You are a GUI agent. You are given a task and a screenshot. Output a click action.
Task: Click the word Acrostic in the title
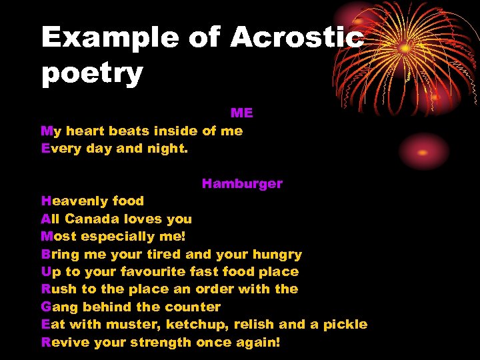tap(297, 37)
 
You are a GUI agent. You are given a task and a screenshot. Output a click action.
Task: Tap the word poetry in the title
tap(92, 73)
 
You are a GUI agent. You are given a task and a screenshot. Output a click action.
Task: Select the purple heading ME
tap(242, 113)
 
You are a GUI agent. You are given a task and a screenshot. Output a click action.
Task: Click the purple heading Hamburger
tap(242, 183)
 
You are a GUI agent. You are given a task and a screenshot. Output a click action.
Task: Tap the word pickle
tap(345, 325)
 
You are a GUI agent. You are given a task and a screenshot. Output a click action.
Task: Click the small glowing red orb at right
tap(424, 151)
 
